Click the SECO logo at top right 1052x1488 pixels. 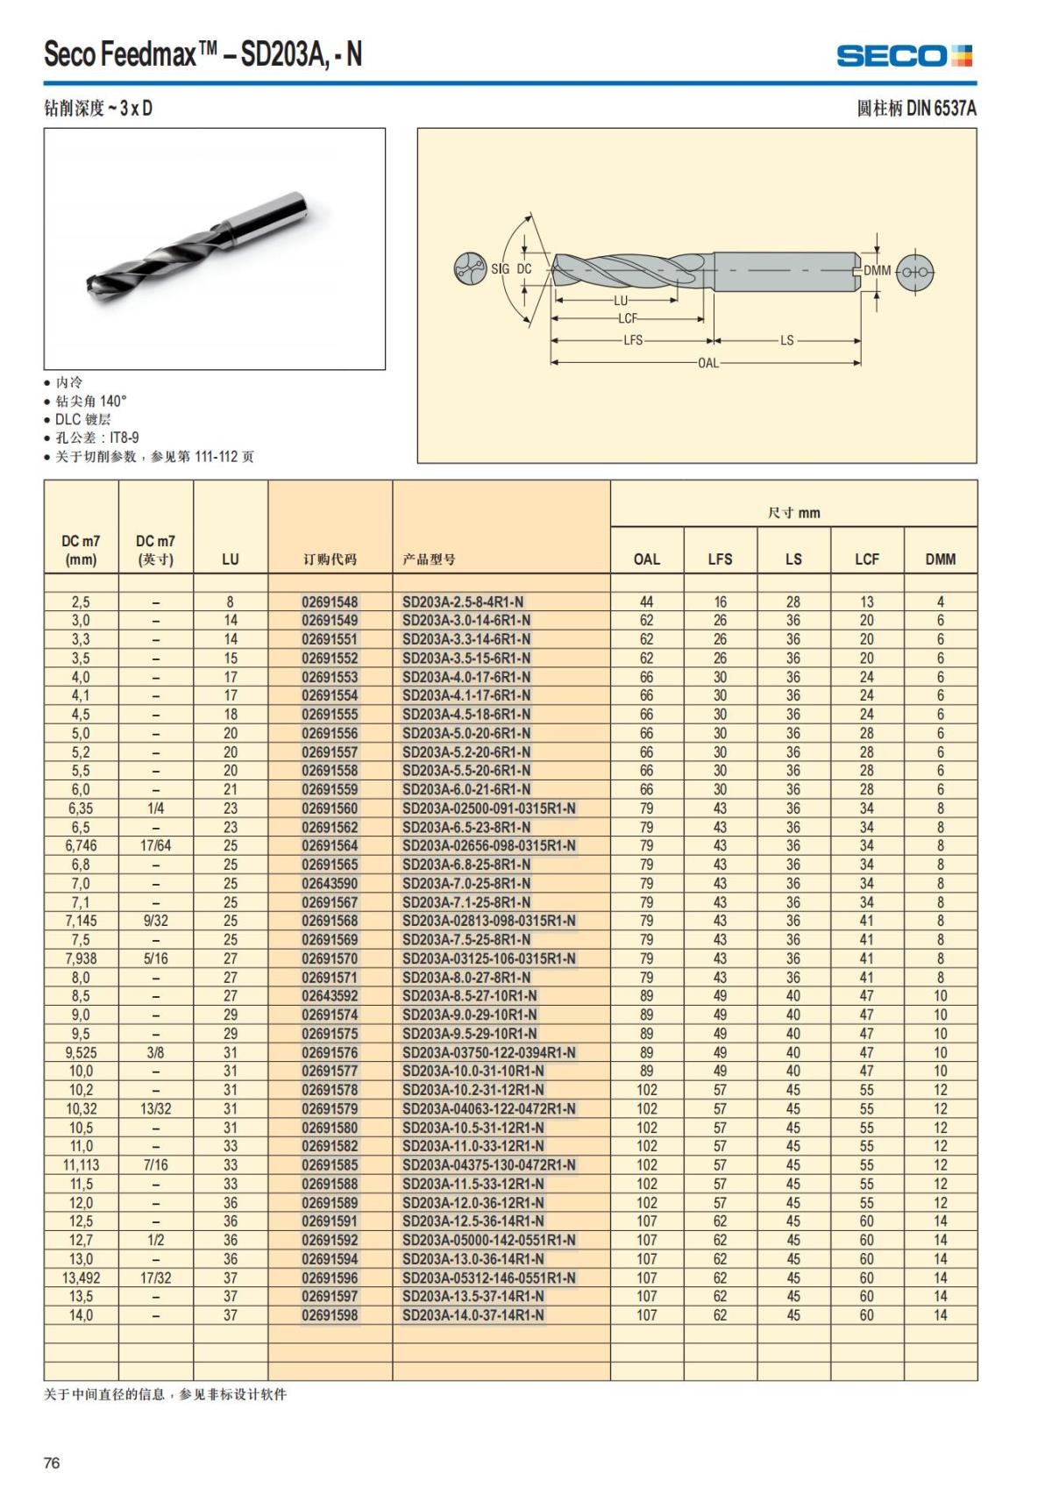tap(904, 55)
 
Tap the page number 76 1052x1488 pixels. tap(52, 1463)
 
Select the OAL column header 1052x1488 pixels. tap(647, 559)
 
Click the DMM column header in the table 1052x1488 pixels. tap(940, 559)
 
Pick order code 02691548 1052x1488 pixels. tap(330, 602)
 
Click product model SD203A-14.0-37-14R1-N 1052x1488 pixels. tap(473, 1315)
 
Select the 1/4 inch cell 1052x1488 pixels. tap(155, 808)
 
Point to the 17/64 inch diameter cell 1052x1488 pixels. tap(155, 846)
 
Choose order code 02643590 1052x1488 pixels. tap(330, 884)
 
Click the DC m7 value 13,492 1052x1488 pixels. tap(81, 1278)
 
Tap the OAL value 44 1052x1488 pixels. tap(647, 602)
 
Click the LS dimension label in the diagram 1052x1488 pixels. tap(787, 340)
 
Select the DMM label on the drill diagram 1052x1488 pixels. tap(877, 271)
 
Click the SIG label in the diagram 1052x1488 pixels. tap(500, 269)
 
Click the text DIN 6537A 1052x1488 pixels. tap(941, 109)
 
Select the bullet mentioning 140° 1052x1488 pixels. tap(91, 402)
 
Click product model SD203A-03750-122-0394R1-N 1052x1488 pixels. tap(489, 1053)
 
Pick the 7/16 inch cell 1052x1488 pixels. tap(155, 1165)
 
